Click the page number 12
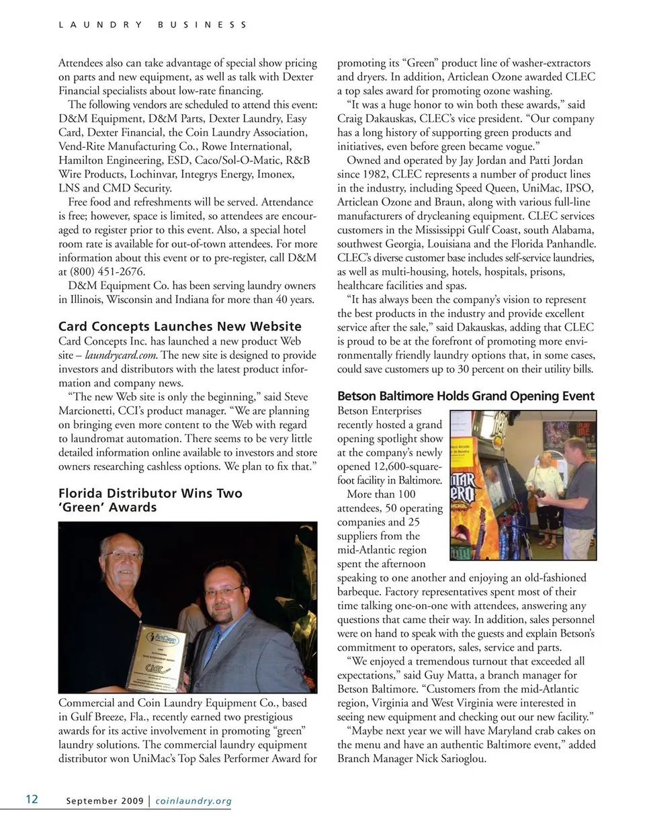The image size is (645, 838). pyautogui.click(x=32, y=798)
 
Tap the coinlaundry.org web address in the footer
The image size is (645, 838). pyautogui.click(x=193, y=800)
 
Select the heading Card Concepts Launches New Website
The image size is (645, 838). pyautogui.click(x=180, y=327)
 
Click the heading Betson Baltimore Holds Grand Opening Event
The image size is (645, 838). pyautogui.click(x=466, y=396)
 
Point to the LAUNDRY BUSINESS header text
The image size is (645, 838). pyautogui.click(x=153, y=25)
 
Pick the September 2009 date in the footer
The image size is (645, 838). pyautogui.click(x=104, y=800)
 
